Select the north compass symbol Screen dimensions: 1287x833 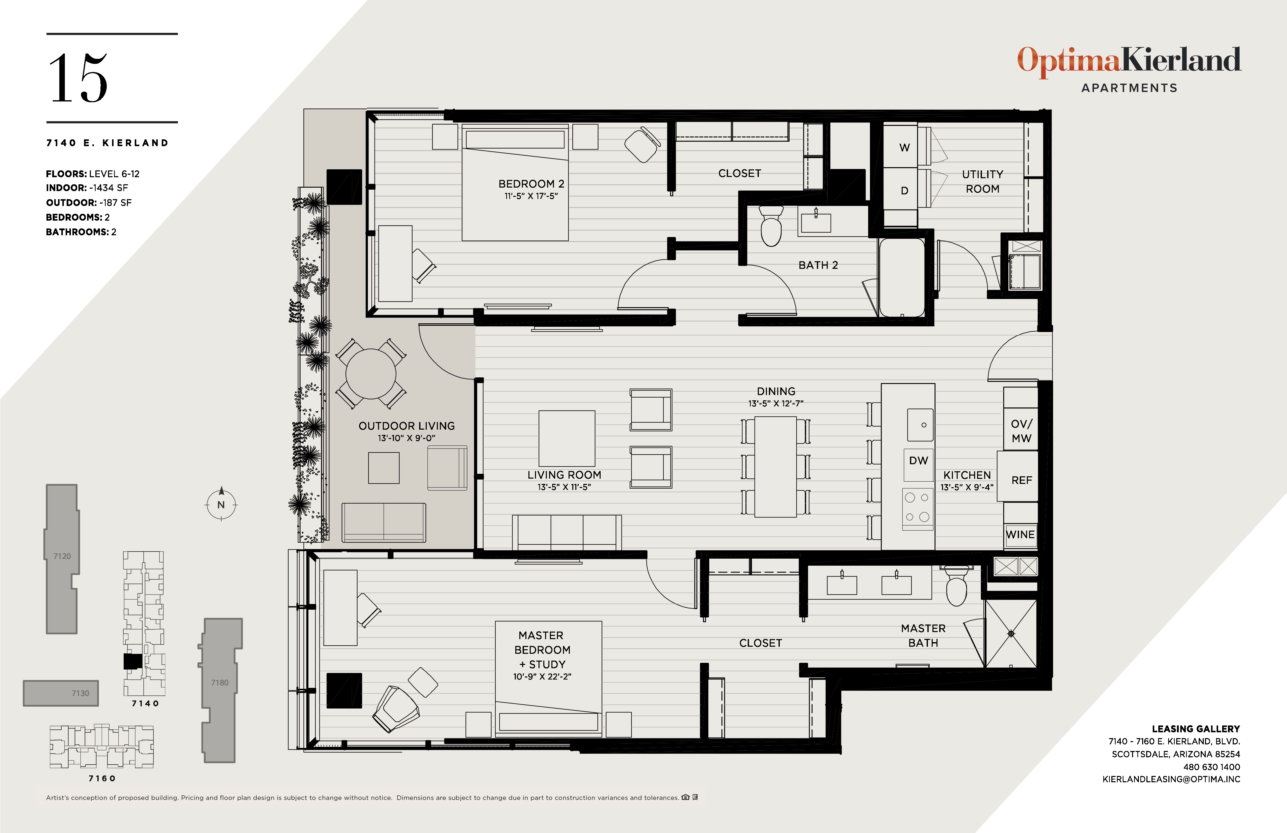tap(221, 504)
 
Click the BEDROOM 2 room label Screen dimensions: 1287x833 tap(531, 184)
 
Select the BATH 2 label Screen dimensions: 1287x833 tap(818, 265)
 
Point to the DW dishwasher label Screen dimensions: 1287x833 tap(918, 460)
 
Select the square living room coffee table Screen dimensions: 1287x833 tap(567, 438)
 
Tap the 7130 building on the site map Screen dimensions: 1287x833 tap(61, 693)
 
